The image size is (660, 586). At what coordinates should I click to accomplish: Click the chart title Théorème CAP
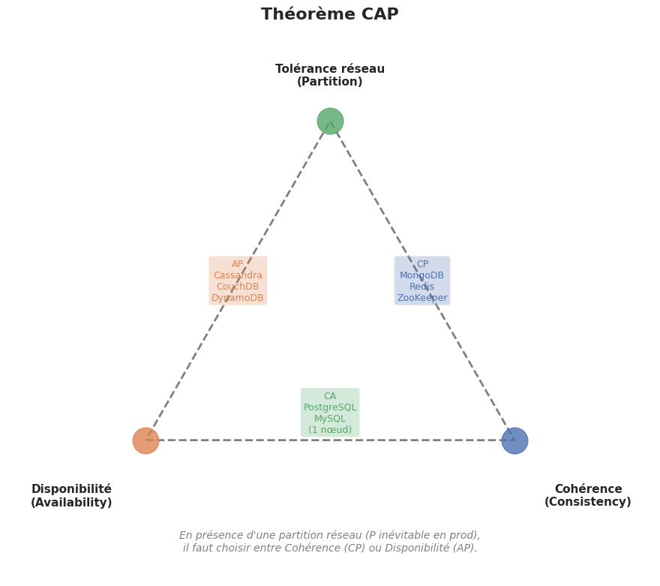[x=330, y=15]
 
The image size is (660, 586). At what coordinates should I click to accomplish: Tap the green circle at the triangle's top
[x=330, y=121]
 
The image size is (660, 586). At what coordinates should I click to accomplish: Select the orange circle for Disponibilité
[x=145, y=440]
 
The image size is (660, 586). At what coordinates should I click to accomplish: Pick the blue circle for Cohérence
[x=514, y=440]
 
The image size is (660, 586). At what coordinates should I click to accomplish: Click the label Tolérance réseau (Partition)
[x=330, y=76]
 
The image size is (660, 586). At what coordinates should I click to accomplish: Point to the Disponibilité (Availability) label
[x=71, y=496]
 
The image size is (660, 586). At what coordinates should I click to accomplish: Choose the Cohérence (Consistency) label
[x=588, y=496]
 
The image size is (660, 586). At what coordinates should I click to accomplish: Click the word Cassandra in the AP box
[x=238, y=275]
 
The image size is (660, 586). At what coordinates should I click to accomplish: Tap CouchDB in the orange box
[x=238, y=287]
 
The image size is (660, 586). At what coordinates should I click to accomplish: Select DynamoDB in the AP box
[x=238, y=298]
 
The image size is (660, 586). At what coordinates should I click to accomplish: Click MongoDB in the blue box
[x=422, y=275]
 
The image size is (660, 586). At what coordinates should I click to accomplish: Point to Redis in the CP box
[x=422, y=287]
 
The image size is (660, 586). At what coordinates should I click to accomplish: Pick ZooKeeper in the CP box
[x=422, y=298]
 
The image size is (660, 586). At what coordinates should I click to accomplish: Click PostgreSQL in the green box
[x=330, y=407]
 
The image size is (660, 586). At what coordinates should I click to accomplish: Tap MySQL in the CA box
[x=330, y=419]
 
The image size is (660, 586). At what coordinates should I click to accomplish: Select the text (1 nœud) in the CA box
[x=330, y=430]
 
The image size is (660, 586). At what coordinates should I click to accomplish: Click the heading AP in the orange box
[x=238, y=264]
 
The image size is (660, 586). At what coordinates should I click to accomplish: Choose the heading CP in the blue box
[x=422, y=264]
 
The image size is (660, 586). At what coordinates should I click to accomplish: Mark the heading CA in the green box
[x=330, y=396]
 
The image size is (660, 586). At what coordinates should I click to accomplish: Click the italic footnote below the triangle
[x=330, y=542]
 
